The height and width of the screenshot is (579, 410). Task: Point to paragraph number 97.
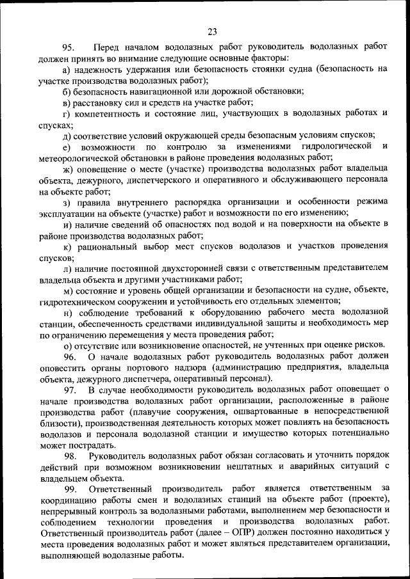(x=69, y=389)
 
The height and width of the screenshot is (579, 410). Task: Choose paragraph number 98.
(x=69, y=456)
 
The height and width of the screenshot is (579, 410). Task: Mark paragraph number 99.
(x=69, y=489)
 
